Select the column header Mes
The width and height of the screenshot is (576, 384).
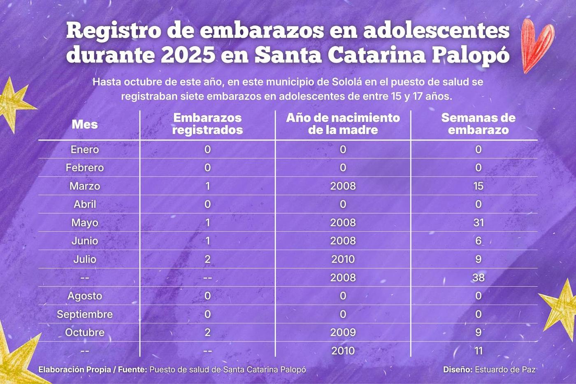point(85,124)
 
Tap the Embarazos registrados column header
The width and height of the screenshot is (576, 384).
point(207,124)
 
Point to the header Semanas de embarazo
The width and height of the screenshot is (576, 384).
point(478,124)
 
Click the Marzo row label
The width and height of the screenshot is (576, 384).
point(85,186)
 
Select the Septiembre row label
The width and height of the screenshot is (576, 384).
point(85,314)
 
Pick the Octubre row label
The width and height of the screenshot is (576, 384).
point(85,332)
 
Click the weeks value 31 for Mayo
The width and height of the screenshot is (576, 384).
point(478,223)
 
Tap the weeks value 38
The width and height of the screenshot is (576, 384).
point(478,277)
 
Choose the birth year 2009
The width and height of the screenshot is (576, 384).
point(343,332)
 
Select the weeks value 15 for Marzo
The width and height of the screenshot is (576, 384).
point(478,186)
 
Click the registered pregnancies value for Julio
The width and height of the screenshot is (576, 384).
point(207,259)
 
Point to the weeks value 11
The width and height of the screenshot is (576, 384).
point(478,351)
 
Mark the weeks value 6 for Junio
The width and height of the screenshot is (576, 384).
point(478,241)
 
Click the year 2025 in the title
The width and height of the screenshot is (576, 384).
point(188,55)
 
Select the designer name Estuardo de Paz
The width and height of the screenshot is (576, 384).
point(505,369)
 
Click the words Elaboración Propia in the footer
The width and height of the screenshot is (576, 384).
point(74,369)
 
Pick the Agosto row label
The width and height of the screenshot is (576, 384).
point(85,296)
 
